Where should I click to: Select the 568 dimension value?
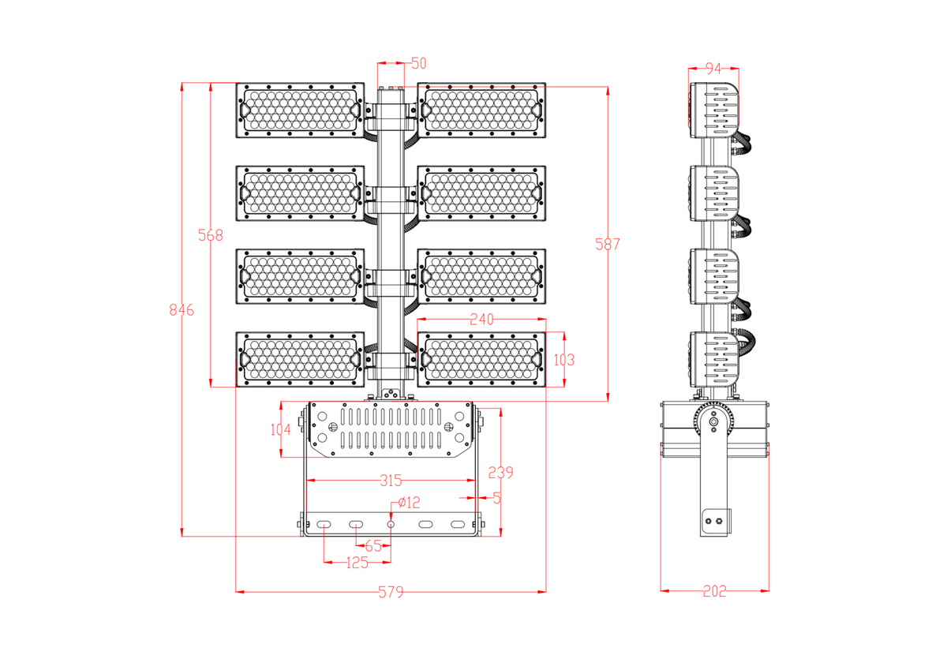point(211,235)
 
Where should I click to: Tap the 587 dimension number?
point(608,245)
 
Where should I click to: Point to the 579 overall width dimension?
point(391,591)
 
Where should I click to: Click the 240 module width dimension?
point(481,320)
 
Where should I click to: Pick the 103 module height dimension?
point(563,360)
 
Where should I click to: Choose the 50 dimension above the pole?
point(418,63)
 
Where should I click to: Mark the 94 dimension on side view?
point(713,69)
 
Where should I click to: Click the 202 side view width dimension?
point(714,591)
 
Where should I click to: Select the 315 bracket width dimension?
point(391,480)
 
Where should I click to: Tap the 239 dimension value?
point(500,473)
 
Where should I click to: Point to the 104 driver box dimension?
point(280,429)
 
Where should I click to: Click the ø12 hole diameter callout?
point(410,502)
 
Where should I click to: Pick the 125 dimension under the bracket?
point(357,563)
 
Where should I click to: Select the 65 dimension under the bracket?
point(373,545)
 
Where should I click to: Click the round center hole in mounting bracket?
point(391,525)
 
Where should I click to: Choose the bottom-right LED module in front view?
point(481,360)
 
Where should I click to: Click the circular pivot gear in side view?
point(713,422)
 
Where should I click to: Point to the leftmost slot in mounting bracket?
point(324,525)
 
